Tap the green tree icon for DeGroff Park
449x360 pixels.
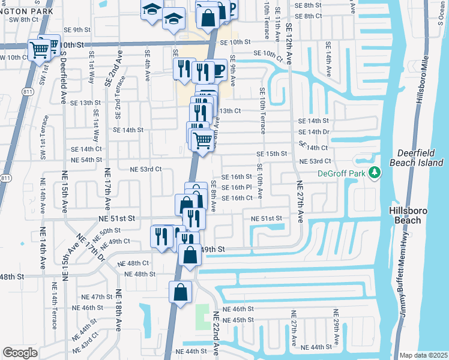(375, 173)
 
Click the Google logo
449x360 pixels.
(20, 352)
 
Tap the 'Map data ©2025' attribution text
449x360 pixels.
(423, 355)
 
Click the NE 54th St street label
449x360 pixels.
(86, 160)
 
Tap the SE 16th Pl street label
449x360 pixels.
(237, 187)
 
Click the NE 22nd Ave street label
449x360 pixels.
(217, 334)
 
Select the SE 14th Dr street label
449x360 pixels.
(314, 132)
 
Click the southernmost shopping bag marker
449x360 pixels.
(181, 293)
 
